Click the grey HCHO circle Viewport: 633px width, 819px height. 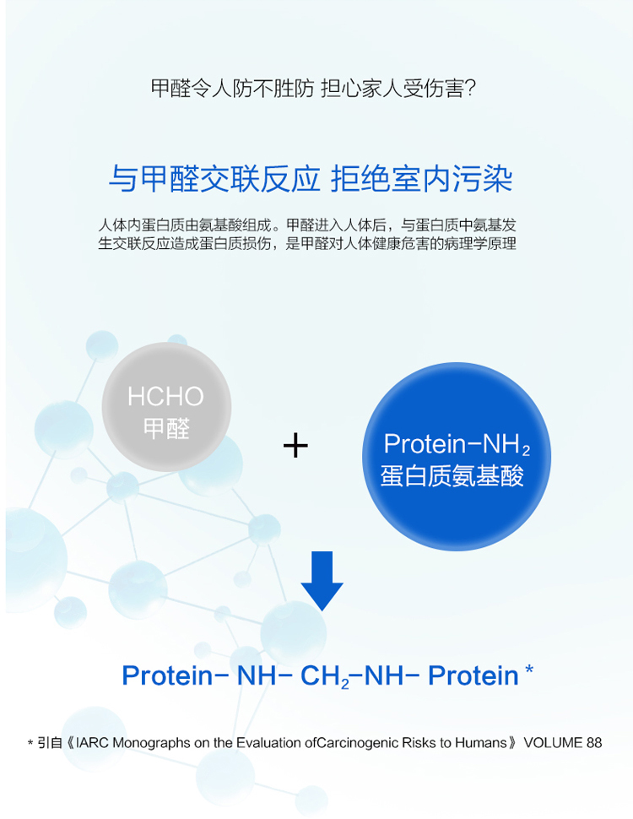pos(166,407)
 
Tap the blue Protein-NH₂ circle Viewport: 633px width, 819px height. pos(457,457)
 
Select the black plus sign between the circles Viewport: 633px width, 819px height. pos(295,446)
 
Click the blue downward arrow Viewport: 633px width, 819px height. pos(322,580)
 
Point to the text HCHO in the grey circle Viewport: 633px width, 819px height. pos(165,397)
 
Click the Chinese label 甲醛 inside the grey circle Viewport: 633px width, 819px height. pos(166,428)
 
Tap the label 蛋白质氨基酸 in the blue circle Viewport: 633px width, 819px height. pos(452,476)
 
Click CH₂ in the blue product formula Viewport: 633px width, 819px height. pos(325,675)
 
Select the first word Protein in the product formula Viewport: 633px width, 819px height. pos(168,675)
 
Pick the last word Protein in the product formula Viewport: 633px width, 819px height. pos(473,675)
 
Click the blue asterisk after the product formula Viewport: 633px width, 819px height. pos(529,669)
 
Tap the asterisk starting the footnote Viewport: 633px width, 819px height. pos(30,743)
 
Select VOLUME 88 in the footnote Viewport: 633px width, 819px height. pos(562,743)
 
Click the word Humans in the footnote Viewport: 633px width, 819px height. pos(481,743)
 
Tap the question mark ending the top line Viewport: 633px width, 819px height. pos(470,89)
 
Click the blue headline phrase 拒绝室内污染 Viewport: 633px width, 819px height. pos(422,179)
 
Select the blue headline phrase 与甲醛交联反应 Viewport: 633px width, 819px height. pos(214,179)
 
